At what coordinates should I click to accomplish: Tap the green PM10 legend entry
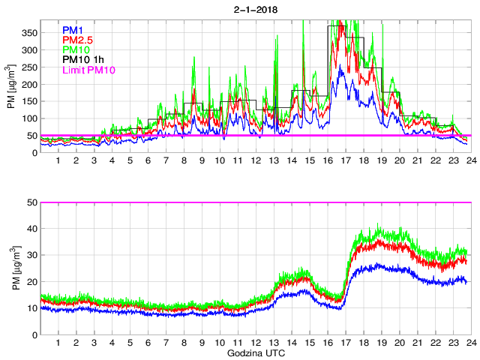[76, 49]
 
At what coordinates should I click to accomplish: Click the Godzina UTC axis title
[255, 352]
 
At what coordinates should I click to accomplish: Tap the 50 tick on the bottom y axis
[32, 202]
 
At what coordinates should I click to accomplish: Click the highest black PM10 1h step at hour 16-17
[337, 25]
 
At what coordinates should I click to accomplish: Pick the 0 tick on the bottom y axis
[34, 334]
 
